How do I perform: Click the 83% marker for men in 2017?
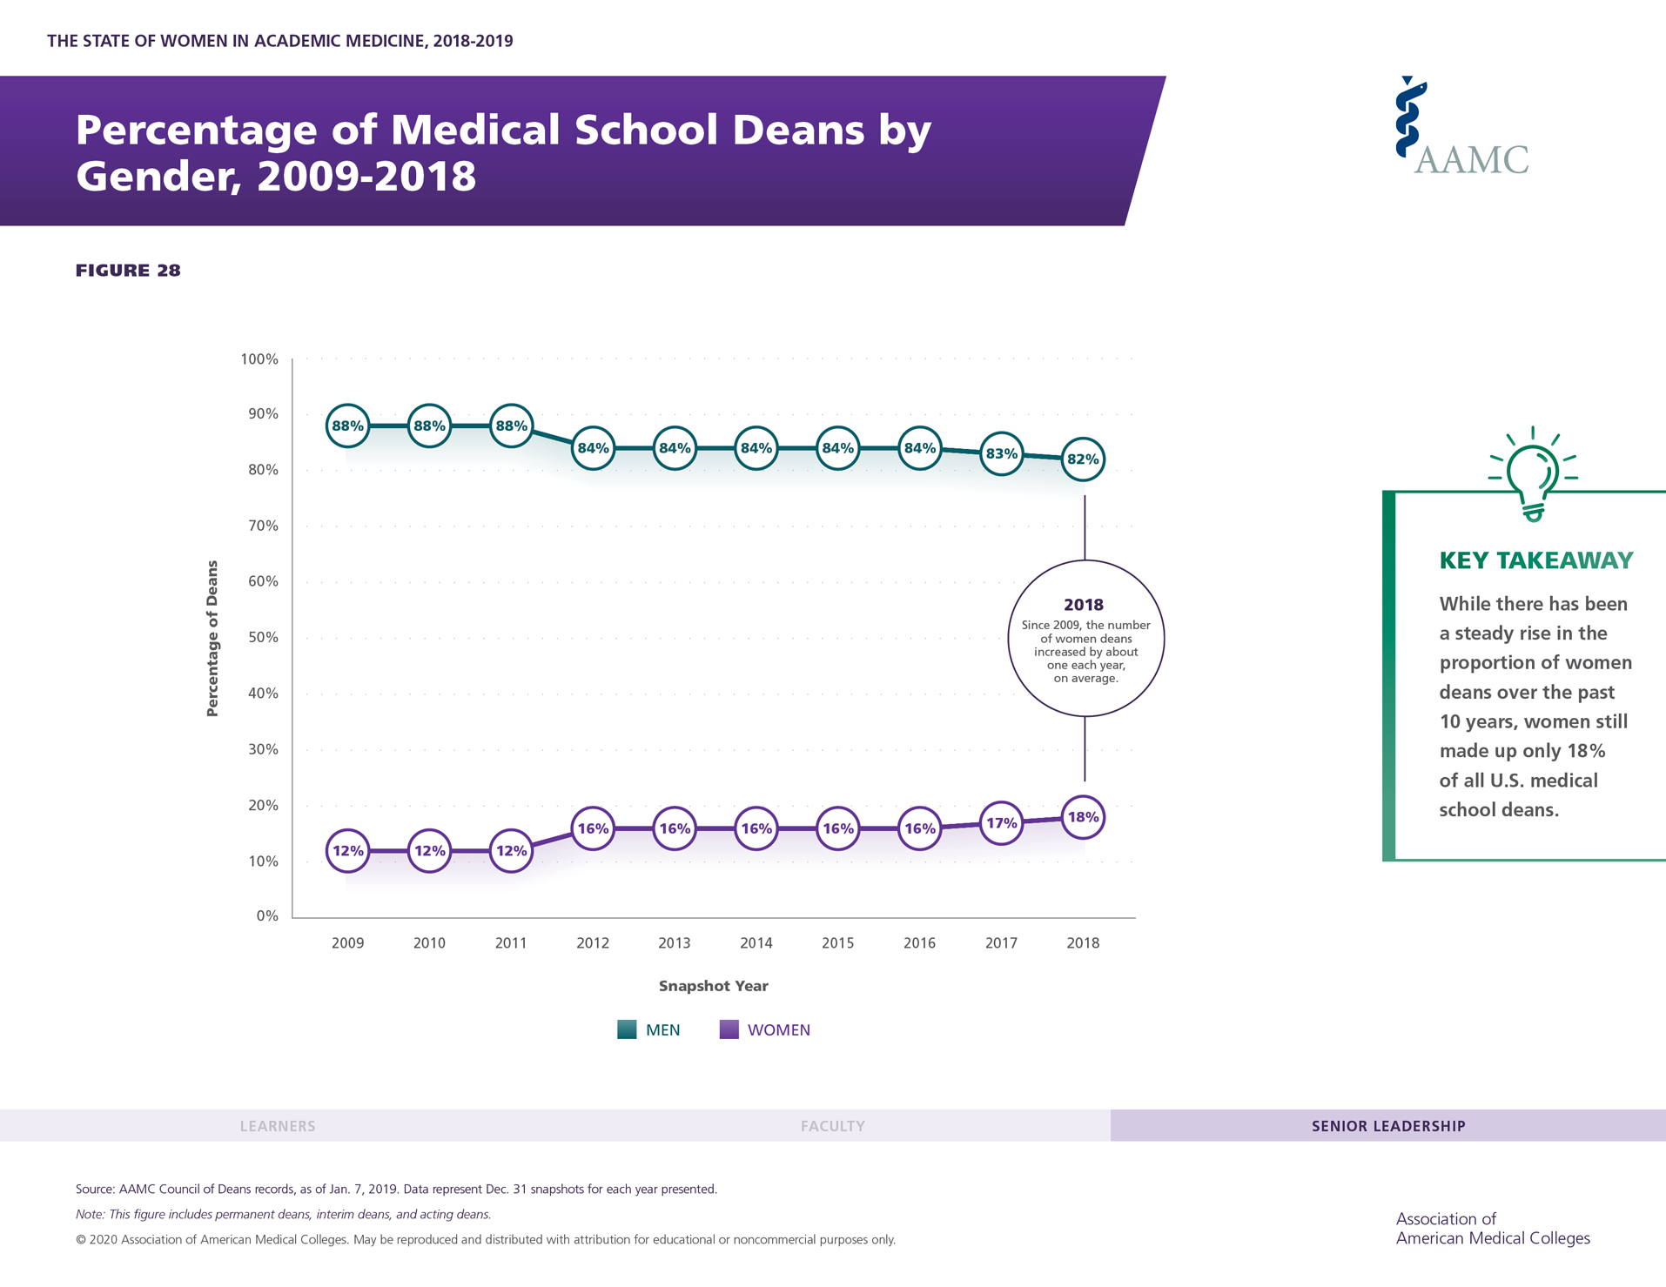coord(1001,453)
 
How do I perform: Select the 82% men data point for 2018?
coord(1083,459)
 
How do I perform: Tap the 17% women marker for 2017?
coord(1001,823)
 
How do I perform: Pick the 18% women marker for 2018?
coord(1083,817)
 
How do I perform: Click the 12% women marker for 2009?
coord(347,851)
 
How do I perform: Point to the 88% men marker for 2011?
coord(511,426)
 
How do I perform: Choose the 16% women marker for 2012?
coord(593,828)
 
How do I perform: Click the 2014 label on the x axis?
coord(756,943)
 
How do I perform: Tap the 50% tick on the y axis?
coord(263,638)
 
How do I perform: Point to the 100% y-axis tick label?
coord(259,359)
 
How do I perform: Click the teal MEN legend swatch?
coord(627,1029)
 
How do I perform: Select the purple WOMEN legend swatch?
coord(729,1029)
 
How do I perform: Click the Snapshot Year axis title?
coord(713,986)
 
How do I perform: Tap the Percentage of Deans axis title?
coord(212,638)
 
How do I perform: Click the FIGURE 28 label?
coord(128,271)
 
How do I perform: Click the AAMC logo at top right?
coord(1461,128)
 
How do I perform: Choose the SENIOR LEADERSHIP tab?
coord(1388,1126)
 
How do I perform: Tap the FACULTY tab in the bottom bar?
coord(832,1126)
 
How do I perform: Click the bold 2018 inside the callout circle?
coord(1084,605)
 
